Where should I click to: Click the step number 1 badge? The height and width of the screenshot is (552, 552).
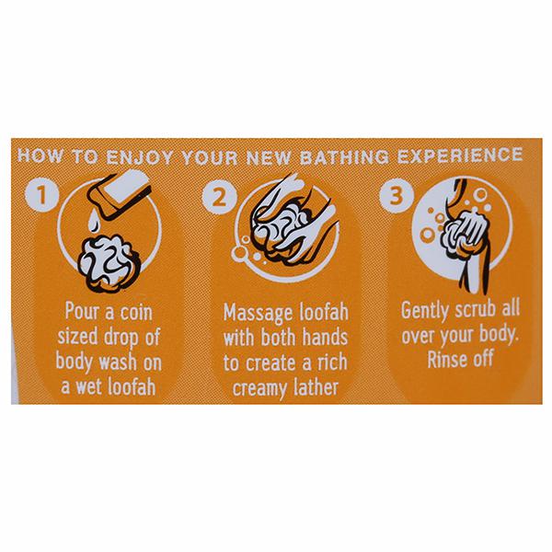[x=41, y=194]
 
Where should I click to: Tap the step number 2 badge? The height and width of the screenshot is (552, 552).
[x=219, y=196]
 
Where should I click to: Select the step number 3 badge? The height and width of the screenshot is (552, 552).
[x=397, y=195]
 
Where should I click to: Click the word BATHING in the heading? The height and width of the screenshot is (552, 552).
[x=344, y=156]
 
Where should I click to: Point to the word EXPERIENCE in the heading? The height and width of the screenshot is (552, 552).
[x=460, y=155]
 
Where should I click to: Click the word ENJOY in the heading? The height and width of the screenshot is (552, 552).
[x=140, y=157]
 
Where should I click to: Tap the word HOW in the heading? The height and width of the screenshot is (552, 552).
[x=40, y=155]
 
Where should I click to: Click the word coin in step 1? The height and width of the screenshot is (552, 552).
[x=136, y=312]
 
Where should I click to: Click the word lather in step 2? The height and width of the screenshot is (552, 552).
[x=316, y=386]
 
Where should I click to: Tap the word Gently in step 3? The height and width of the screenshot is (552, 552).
[x=425, y=311]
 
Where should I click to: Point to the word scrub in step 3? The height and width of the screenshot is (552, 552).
[x=476, y=309]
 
